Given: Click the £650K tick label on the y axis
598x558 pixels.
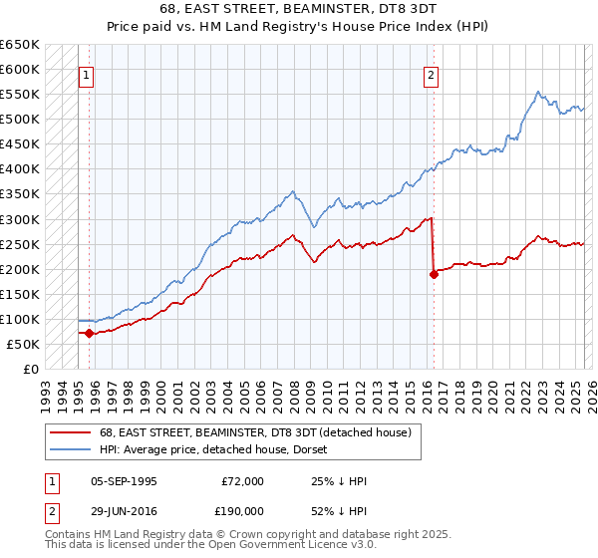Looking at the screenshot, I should [x=19, y=45].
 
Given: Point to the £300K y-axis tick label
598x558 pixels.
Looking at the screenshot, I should [x=19, y=219].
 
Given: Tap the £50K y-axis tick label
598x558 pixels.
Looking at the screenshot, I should [x=23, y=344].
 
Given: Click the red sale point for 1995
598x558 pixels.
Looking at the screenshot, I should [x=90, y=333].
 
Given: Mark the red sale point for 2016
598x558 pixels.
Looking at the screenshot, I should [x=434, y=274].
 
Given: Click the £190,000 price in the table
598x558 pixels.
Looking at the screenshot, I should [x=243, y=510].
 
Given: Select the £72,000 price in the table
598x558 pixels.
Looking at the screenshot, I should [x=243, y=481].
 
